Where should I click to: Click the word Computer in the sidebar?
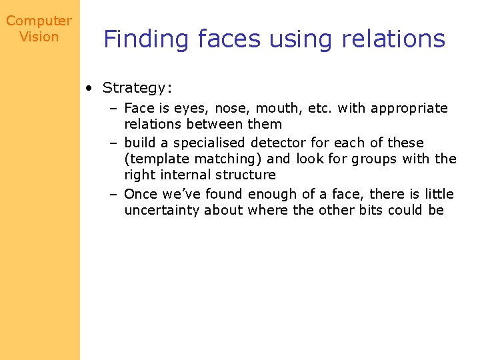tap(39, 21)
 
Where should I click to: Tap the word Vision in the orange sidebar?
tap(39, 37)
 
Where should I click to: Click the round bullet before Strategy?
tap(89, 87)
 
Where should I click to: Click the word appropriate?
tap(409, 108)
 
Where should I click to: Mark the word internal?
tap(187, 175)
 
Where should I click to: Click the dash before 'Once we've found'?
tap(114, 194)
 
